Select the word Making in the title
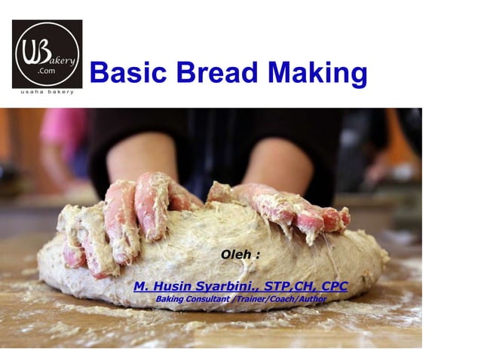coord(320,74)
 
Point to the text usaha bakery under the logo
coord(47,92)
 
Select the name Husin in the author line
coord(170,286)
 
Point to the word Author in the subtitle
coord(309,299)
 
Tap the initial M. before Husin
coord(140,286)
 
